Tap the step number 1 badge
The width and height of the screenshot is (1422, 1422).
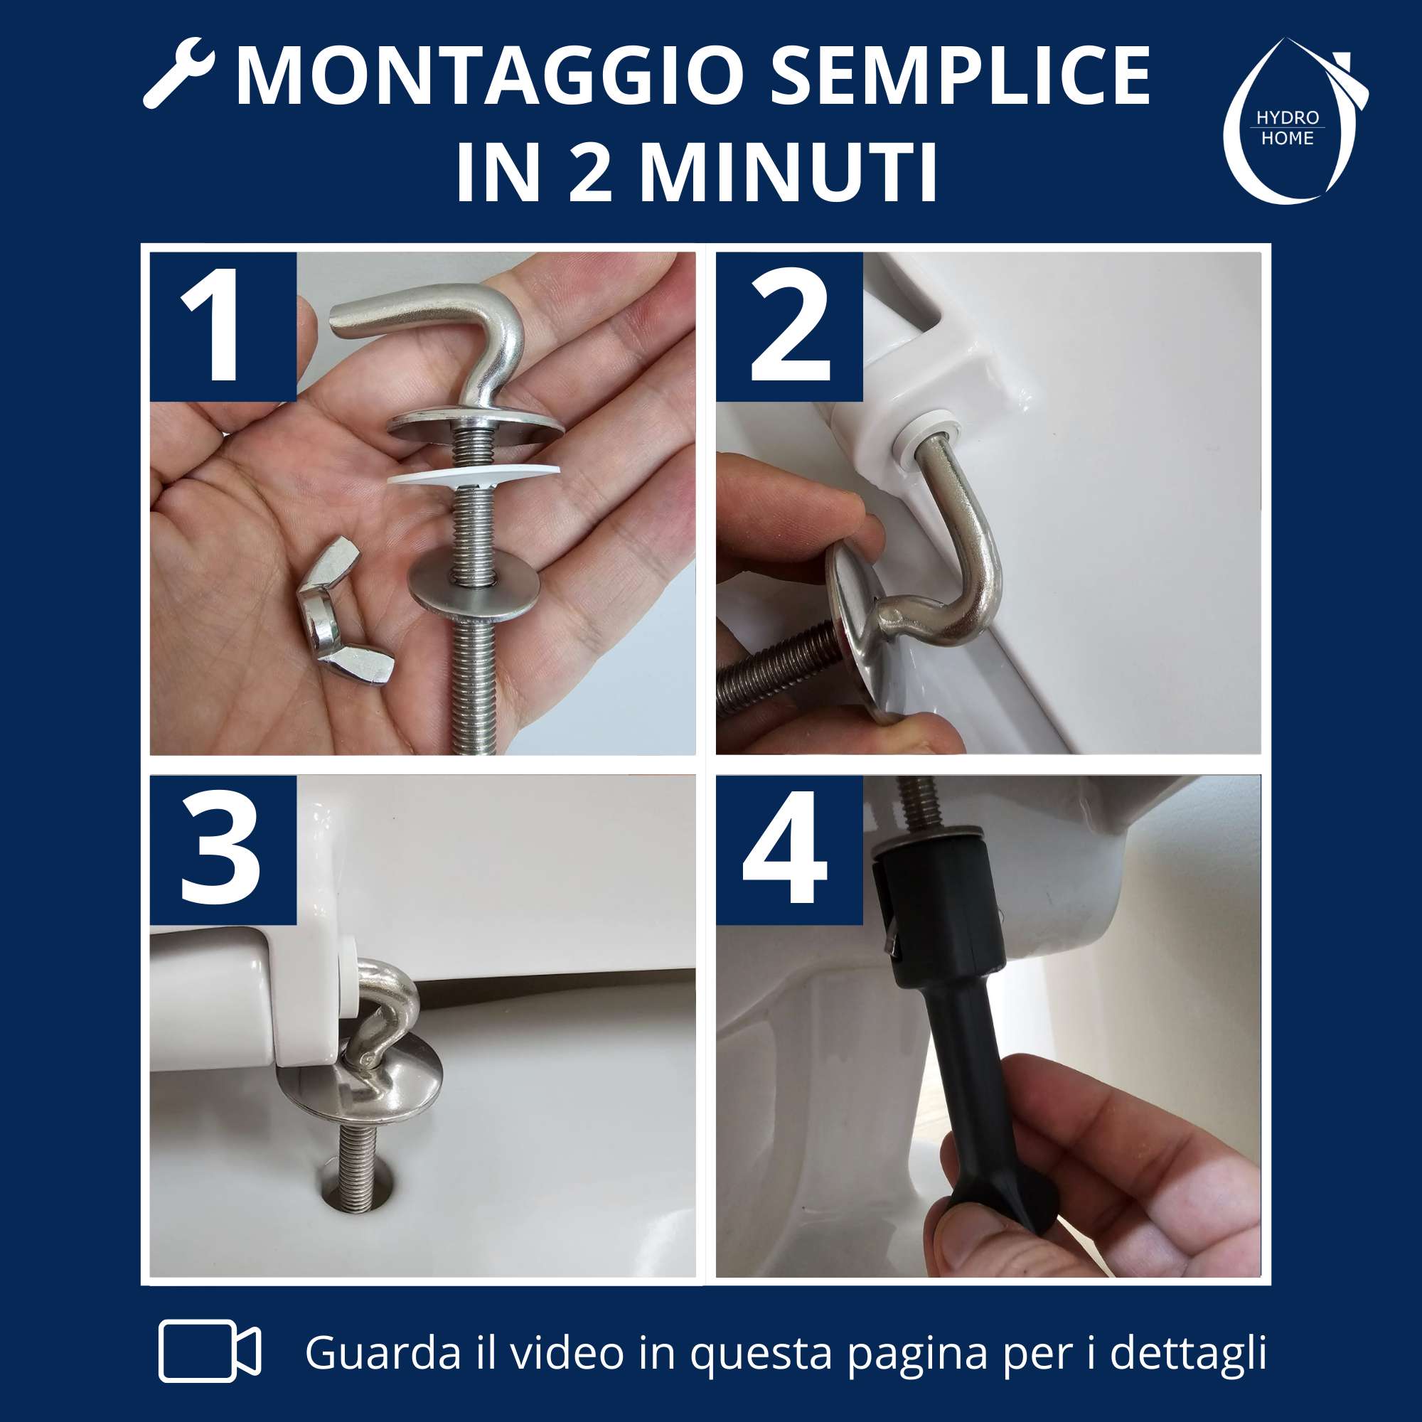click(x=223, y=326)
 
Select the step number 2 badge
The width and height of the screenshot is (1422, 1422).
click(x=789, y=326)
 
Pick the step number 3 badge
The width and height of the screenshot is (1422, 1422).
click(x=223, y=850)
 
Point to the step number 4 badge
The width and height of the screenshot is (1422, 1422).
click(x=789, y=850)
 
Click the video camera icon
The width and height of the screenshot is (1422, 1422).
click(x=210, y=1351)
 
